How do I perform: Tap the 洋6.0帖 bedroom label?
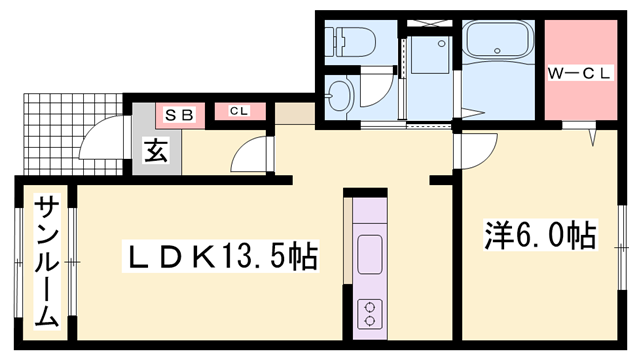[540, 236]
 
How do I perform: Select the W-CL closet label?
[579, 73]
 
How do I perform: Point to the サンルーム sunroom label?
[47, 262]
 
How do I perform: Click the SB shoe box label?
[179, 115]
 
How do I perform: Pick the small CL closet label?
[239, 111]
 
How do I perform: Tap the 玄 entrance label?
[156, 151]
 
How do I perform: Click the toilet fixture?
[350, 42]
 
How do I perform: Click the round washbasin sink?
[340, 96]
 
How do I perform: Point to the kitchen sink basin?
[370, 255]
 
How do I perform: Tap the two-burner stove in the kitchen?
[370, 314]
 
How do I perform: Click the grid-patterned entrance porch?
[73, 134]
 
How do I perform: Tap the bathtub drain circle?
[497, 51]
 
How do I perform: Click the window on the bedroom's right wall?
[622, 247]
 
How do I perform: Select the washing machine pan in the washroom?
[430, 55]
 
